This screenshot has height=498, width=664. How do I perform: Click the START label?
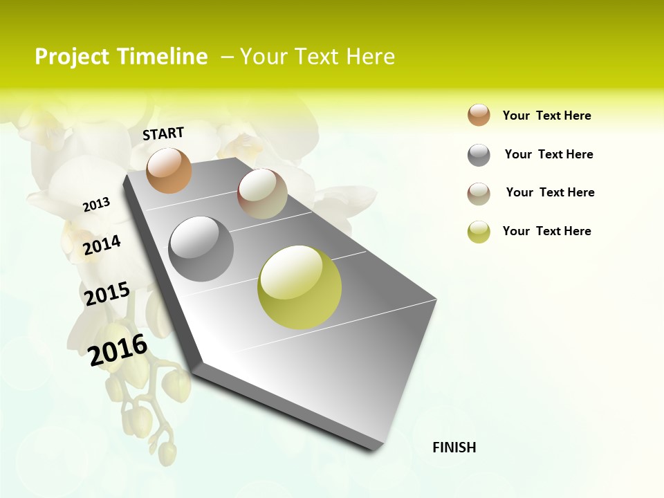163,133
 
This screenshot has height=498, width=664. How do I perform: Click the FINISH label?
454,448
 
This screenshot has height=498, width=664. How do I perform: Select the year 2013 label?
96,204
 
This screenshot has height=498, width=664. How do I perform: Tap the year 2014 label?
102,245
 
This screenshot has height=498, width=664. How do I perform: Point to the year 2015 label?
107,294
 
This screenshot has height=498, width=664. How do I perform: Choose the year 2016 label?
118,349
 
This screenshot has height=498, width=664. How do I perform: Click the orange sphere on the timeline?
169,170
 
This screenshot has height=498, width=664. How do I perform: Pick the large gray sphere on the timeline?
201,249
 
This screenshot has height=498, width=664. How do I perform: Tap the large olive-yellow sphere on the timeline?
299,287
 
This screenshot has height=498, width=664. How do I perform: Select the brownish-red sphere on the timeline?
262,194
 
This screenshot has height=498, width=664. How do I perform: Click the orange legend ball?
479,115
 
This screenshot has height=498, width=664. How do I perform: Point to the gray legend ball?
479,155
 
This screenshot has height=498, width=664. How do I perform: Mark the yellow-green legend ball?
479,232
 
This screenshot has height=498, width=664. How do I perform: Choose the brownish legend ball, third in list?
479,194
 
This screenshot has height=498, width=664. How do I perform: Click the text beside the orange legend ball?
547,116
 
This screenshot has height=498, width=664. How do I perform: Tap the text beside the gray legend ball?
549,154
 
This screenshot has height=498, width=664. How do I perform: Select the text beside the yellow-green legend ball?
547,231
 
